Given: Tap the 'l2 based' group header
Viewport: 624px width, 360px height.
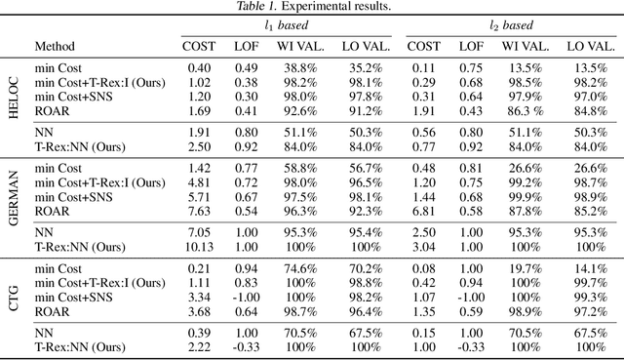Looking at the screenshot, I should point(512,25).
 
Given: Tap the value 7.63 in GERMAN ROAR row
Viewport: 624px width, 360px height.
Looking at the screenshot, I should point(199,210).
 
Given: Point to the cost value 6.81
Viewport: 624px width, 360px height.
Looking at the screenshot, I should point(423,210).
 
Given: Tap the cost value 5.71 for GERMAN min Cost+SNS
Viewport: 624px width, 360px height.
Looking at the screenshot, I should point(199,196).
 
